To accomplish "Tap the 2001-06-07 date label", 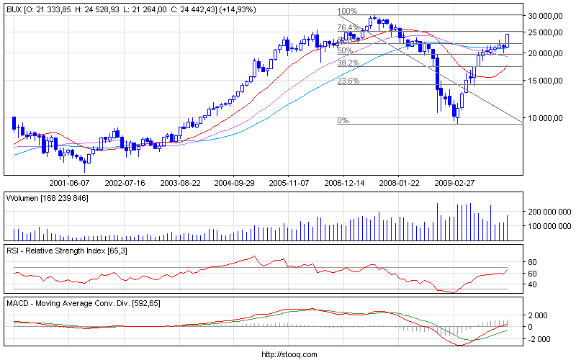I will [69, 183].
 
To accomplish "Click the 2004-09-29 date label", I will [235, 183].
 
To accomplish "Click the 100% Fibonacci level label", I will [347, 12].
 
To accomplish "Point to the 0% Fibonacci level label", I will [343, 121].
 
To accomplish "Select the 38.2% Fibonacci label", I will [348, 63].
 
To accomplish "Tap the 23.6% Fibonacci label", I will [348, 81].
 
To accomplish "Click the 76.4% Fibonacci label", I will [348, 27].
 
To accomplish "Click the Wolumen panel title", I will [47, 197].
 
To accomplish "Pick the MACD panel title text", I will [83, 304].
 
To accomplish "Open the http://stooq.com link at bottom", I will [288, 354].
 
